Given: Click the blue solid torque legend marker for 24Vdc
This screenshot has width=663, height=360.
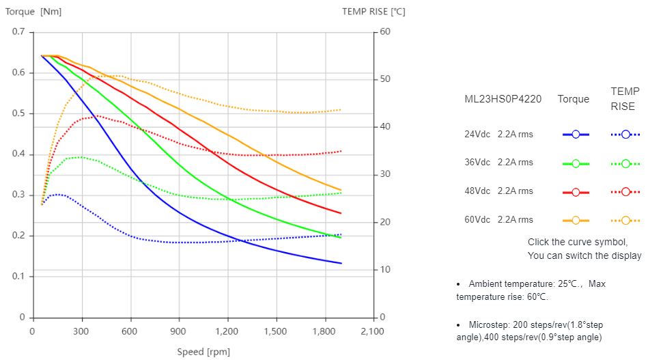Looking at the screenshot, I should [x=576, y=135].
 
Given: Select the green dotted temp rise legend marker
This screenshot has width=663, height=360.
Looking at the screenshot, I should [x=625, y=163].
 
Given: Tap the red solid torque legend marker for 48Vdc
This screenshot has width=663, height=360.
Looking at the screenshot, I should [x=576, y=192].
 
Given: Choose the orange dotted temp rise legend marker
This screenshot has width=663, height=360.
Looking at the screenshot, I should [x=625, y=221].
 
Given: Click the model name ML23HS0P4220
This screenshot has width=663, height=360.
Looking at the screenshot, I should [x=503, y=99].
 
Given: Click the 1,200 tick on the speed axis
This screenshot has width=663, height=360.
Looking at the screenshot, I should [x=227, y=331].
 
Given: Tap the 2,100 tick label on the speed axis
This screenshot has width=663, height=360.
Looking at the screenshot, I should [x=373, y=331].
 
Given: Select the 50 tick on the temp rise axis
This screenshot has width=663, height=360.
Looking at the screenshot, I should [x=384, y=80].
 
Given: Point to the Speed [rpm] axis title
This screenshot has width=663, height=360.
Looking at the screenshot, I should [x=203, y=352].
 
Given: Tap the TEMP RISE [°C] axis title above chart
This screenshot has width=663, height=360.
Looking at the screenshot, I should [x=373, y=12].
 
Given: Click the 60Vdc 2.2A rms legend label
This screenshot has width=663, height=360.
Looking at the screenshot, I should [x=498, y=220].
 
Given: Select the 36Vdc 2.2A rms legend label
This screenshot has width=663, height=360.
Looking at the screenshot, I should [x=498, y=163].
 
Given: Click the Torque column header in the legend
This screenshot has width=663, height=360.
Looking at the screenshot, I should [x=573, y=99].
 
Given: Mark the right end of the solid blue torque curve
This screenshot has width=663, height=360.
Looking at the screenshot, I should [x=341, y=263].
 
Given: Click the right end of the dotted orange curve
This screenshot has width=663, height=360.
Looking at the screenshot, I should [x=341, y=110].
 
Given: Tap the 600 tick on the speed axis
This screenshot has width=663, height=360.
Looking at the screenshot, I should [x=130, y=331].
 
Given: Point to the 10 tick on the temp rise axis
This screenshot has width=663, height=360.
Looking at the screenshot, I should [x=384, y=270].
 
